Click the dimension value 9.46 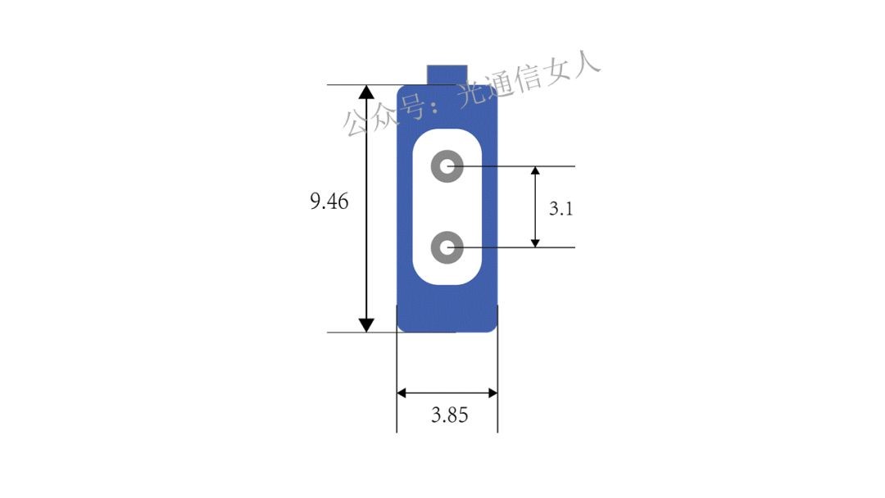[x=329, y=201]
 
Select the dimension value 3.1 [x=561, y=209]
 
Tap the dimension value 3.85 [x=449, y=415]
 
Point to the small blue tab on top [x=447, y=75]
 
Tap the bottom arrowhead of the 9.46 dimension [x=366, y=325]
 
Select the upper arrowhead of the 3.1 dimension [x=535, y=171]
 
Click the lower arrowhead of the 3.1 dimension [x=535, y=243]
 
